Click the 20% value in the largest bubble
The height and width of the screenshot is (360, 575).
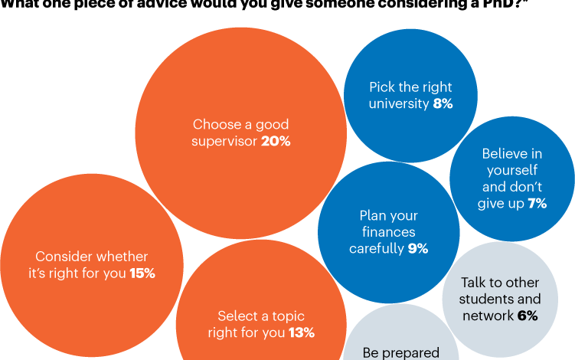point(276,141)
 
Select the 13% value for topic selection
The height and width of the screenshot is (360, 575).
point(302,332)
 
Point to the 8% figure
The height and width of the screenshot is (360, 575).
point(443,103)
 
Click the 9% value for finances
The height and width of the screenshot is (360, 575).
point(417,248)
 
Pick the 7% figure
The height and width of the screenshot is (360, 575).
point(536,203)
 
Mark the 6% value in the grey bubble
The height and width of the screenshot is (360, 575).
point(527,315)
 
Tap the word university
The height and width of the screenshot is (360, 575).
point(399,103)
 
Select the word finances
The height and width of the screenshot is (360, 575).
point(388,232)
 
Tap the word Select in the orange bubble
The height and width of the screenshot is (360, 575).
point(236,316)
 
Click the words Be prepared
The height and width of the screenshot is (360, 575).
point(401,353)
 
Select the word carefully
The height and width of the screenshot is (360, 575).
point(376,248)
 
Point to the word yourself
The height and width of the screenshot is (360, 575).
point(511,170)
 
